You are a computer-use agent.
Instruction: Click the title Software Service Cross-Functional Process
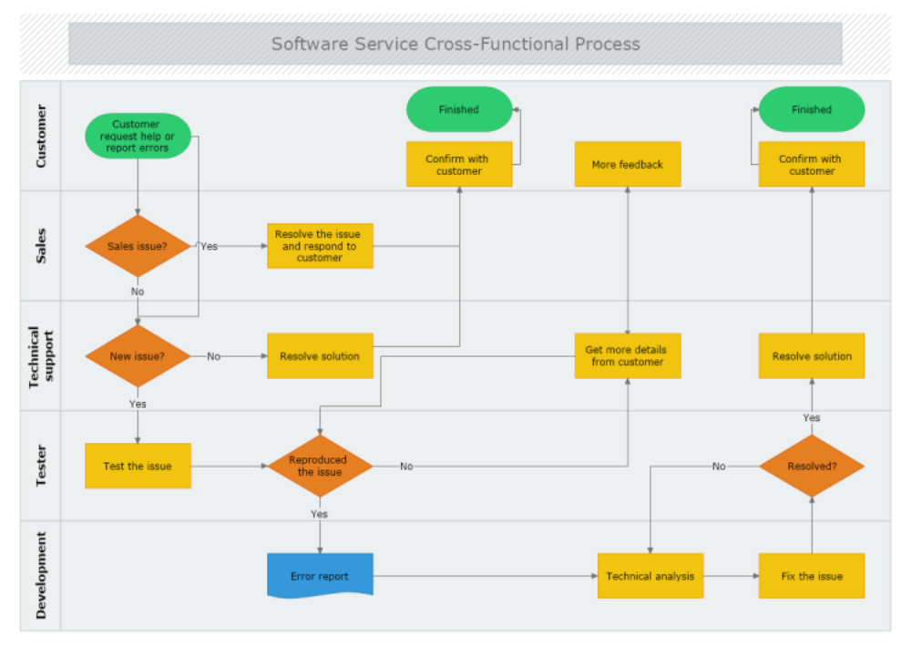click(455, 44)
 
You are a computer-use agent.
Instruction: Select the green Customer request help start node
click(138, 136)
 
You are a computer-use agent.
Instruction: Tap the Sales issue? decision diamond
click(138, 246)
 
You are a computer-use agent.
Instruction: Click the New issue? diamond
click(138, 356)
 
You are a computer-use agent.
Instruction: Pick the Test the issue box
click(138, 466)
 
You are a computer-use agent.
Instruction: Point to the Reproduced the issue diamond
click(320, 466)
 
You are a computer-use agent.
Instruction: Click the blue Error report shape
click(320, 576)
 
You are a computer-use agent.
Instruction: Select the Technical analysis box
click(650, 576)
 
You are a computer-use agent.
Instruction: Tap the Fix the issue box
click(812, 576)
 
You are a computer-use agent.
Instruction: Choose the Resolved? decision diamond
click(812, 466)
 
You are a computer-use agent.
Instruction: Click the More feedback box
click(628, 165)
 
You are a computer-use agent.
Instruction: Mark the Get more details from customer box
click(628, 356)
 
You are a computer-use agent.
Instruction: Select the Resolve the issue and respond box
click(320, 246)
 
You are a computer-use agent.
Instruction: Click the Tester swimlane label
click(41, 466)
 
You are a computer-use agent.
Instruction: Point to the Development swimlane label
click(41, 576)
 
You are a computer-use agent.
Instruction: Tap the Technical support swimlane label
click(41, 356)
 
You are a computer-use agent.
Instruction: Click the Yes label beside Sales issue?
click(210, 246)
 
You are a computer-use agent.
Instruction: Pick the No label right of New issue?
click(213, 356)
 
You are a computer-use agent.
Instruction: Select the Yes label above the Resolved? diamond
click(812, 417)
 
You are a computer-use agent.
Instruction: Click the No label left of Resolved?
click(719, 466)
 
